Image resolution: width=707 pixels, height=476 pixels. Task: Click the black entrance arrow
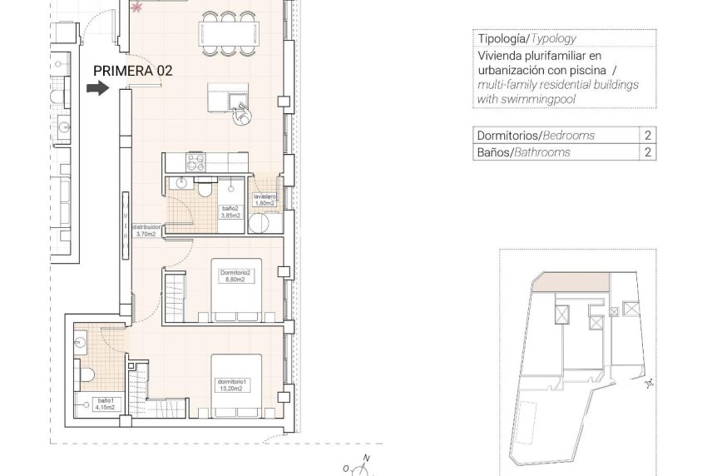(x=97, y=89)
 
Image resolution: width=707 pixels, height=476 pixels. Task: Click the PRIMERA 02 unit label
(x=132, y=71)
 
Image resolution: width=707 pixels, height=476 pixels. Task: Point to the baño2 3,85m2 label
(x=230, y=211)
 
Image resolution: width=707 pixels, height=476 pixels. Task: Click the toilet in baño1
(x=84, y=369)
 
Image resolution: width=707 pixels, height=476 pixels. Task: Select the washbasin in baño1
(x=80, y=340)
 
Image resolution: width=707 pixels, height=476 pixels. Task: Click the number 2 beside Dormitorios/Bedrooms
(x=647, y=135)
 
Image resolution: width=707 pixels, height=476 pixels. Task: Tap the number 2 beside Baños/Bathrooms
(x=647, y=152)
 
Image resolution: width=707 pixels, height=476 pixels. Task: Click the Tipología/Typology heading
(x=526, y=39)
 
